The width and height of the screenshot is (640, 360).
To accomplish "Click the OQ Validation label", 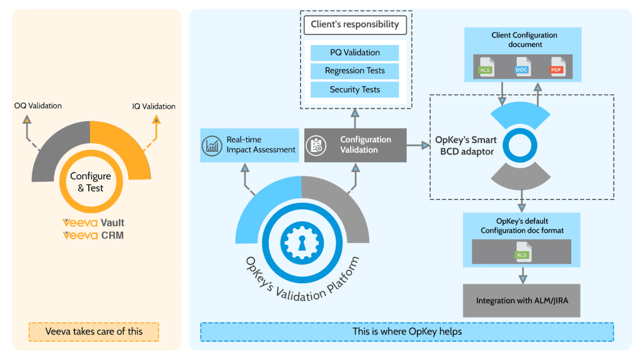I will [x=38, y=106].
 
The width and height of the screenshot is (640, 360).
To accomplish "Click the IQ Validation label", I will [x=154, y=106].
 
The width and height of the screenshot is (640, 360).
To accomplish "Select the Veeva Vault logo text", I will [x=94, y=223].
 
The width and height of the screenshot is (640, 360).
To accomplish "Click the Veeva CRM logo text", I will [x=94, y=236].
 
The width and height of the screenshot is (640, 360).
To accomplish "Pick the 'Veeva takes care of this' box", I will [x=94, y=331].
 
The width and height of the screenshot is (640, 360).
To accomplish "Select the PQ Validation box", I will [x=355, y=52].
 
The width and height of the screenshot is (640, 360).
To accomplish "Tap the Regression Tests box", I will [x=355, y=71].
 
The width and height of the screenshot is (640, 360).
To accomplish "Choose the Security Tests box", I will [x=355, y=89].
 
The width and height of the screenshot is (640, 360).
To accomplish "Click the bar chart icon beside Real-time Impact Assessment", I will [x=212, y=146].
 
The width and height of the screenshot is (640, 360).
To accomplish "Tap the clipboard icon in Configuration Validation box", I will [x=316, y=146].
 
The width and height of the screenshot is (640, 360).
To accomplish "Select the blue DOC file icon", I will [x=522, y=67].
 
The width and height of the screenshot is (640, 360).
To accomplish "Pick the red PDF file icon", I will [x=557, y=67].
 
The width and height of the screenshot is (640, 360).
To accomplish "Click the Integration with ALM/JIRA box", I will [x=522, y=301].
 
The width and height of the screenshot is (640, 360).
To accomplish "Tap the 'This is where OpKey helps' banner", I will [x=407, y=331].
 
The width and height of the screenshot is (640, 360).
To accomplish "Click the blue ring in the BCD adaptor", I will [x=520, y=146].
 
